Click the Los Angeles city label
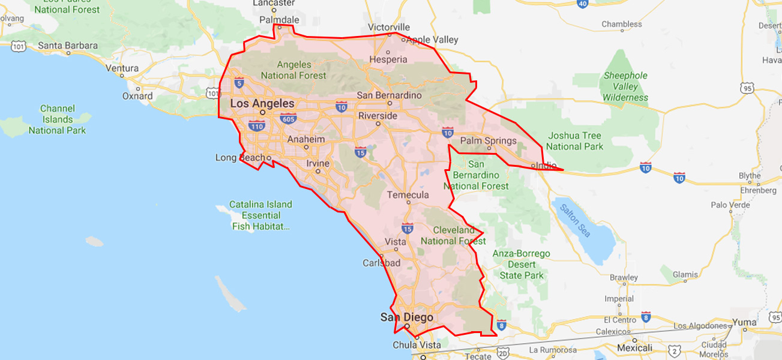point(262,103)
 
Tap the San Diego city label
point(406,317)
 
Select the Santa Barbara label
point(68,46)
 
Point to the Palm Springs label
point(488,141)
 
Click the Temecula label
point(408,195)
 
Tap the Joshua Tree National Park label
point(574,141)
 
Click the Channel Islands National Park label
point(58,119)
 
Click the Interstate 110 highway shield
point(257,127)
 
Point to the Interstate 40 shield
point(582,4)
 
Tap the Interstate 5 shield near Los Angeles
point(239,82)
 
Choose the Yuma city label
point(745,322)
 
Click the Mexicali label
point(634,348)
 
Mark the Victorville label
point(389,27)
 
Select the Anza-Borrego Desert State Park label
point(521,265)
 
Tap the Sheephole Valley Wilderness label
point(625,86)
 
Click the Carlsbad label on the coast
point(381,263)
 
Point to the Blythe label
point(750,176)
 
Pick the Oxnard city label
point(137,95)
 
